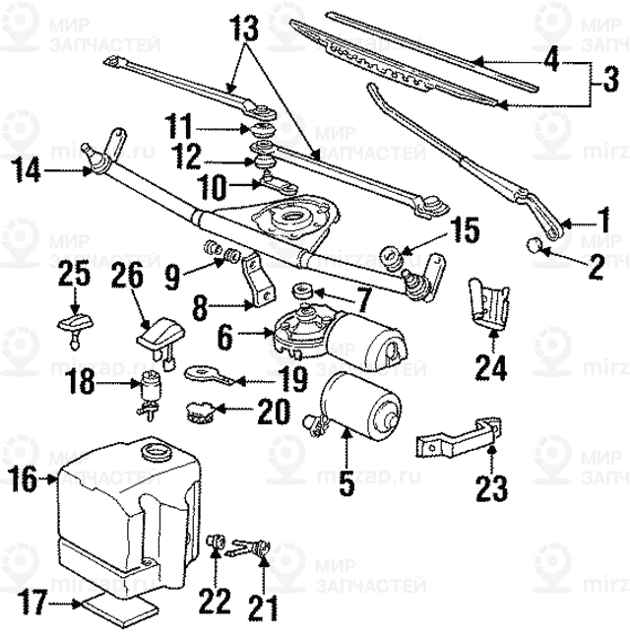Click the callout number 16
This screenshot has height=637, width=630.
(x=24, y=480)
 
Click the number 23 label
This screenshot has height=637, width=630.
(x=491, y=486)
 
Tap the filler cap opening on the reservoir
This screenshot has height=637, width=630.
(x=156, y=453)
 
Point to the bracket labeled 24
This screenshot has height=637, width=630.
(x=489, y=300)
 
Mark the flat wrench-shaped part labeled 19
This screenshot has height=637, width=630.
(x=212, y=374)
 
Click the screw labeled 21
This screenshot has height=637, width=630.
(x=262, y=551)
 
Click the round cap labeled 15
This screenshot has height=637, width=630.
(x=391, y=254)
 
